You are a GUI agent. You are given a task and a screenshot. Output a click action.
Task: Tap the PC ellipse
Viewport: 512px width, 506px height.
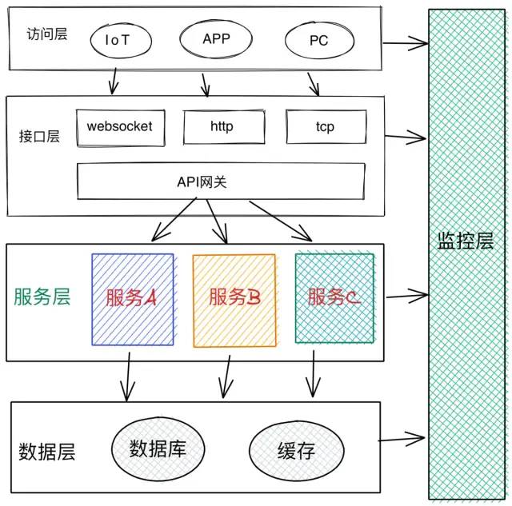[318, 41]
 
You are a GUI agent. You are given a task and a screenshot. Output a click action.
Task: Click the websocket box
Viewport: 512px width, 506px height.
[119, 127]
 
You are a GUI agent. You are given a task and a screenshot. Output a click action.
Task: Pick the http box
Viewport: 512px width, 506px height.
[223, 127]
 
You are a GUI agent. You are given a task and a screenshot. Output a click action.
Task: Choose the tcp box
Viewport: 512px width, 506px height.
[325, 127]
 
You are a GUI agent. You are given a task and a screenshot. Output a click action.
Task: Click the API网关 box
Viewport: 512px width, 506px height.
[221, 181]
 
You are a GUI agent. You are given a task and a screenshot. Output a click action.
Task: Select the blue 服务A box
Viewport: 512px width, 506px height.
[132, 299]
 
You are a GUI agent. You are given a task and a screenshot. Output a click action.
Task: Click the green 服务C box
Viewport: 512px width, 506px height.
[335, 298]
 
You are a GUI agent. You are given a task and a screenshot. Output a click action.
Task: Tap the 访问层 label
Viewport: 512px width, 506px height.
[46, 35]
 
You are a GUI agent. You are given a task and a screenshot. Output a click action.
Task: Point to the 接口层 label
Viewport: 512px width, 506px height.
[40, 135]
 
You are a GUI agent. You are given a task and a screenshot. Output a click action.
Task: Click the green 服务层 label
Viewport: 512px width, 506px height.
[42, 297]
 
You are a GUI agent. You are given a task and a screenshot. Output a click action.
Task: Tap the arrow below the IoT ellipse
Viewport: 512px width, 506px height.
[114, 81]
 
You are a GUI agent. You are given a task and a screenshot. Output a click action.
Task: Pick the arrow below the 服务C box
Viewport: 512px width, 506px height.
[312, 377]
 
